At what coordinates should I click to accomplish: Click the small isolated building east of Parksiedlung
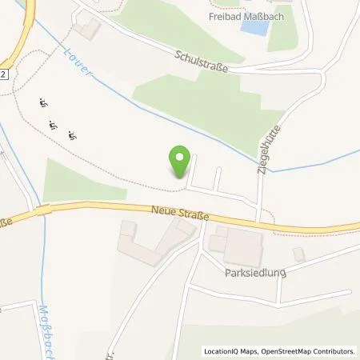click(298, 254)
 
